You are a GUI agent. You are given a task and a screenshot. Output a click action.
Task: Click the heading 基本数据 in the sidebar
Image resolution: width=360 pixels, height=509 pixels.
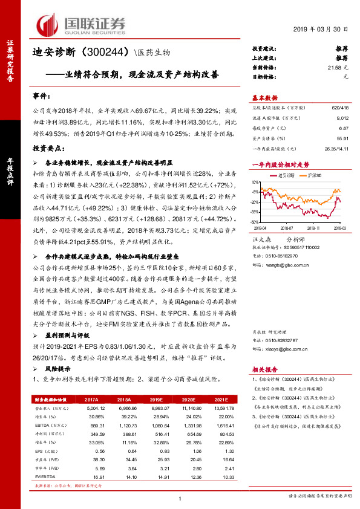(x=264, y=97)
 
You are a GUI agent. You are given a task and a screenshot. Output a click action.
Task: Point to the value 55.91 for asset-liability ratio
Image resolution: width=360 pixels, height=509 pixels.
(x=342, y=138)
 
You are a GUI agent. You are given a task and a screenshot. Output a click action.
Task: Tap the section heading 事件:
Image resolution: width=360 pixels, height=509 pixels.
(x=42, y=97)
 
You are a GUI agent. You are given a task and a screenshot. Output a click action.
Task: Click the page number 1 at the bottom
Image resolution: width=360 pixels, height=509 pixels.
(x=180, y=498)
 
